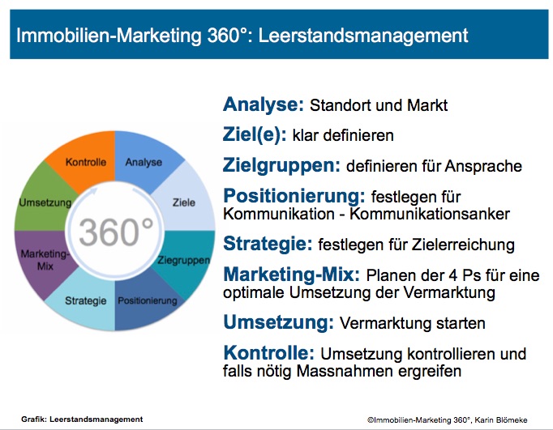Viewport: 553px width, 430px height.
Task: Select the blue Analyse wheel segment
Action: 143,162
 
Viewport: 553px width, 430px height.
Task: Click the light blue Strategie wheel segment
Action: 87,301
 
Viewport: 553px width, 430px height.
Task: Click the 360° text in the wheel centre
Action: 113,232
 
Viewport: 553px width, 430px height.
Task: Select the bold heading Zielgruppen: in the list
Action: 281,165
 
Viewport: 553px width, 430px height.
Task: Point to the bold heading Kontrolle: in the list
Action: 268,353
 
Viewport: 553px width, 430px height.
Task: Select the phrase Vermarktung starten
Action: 413,323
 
